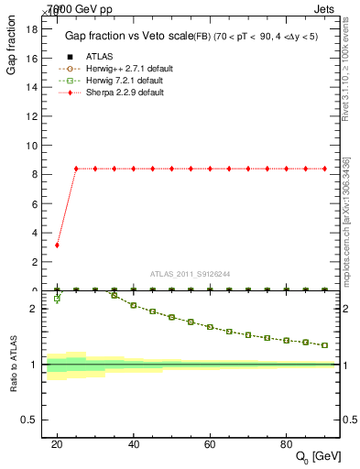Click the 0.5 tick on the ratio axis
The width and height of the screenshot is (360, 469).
(27, 420)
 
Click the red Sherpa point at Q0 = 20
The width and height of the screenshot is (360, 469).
(57, 245)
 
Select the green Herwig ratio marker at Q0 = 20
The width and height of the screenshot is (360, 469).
(57, 299)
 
